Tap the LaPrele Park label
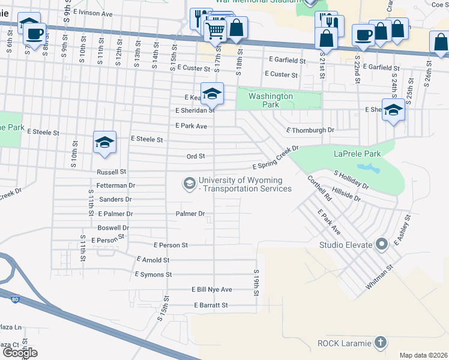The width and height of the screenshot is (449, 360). pyautogui.click(x=357, y=154)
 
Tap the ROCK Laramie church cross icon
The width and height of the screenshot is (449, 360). pyautogui.click(x=379, y=343)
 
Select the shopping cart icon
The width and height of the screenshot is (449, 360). pyautogui.click(x=215, y=29)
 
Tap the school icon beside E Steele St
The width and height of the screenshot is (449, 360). pyautogui.click(x=104, y=143)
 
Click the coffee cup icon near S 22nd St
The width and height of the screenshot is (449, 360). pyautogui.click(x=363, y=35)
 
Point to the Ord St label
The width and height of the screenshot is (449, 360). pyautogui.click(x=196, y=156)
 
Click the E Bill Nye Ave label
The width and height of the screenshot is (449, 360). pyautogui.click(x=211, y=289)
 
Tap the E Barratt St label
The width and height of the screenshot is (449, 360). pyautogui.click(x=211, y=305)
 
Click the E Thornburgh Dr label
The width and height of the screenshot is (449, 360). pyautogui.click(x=310, y=130)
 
